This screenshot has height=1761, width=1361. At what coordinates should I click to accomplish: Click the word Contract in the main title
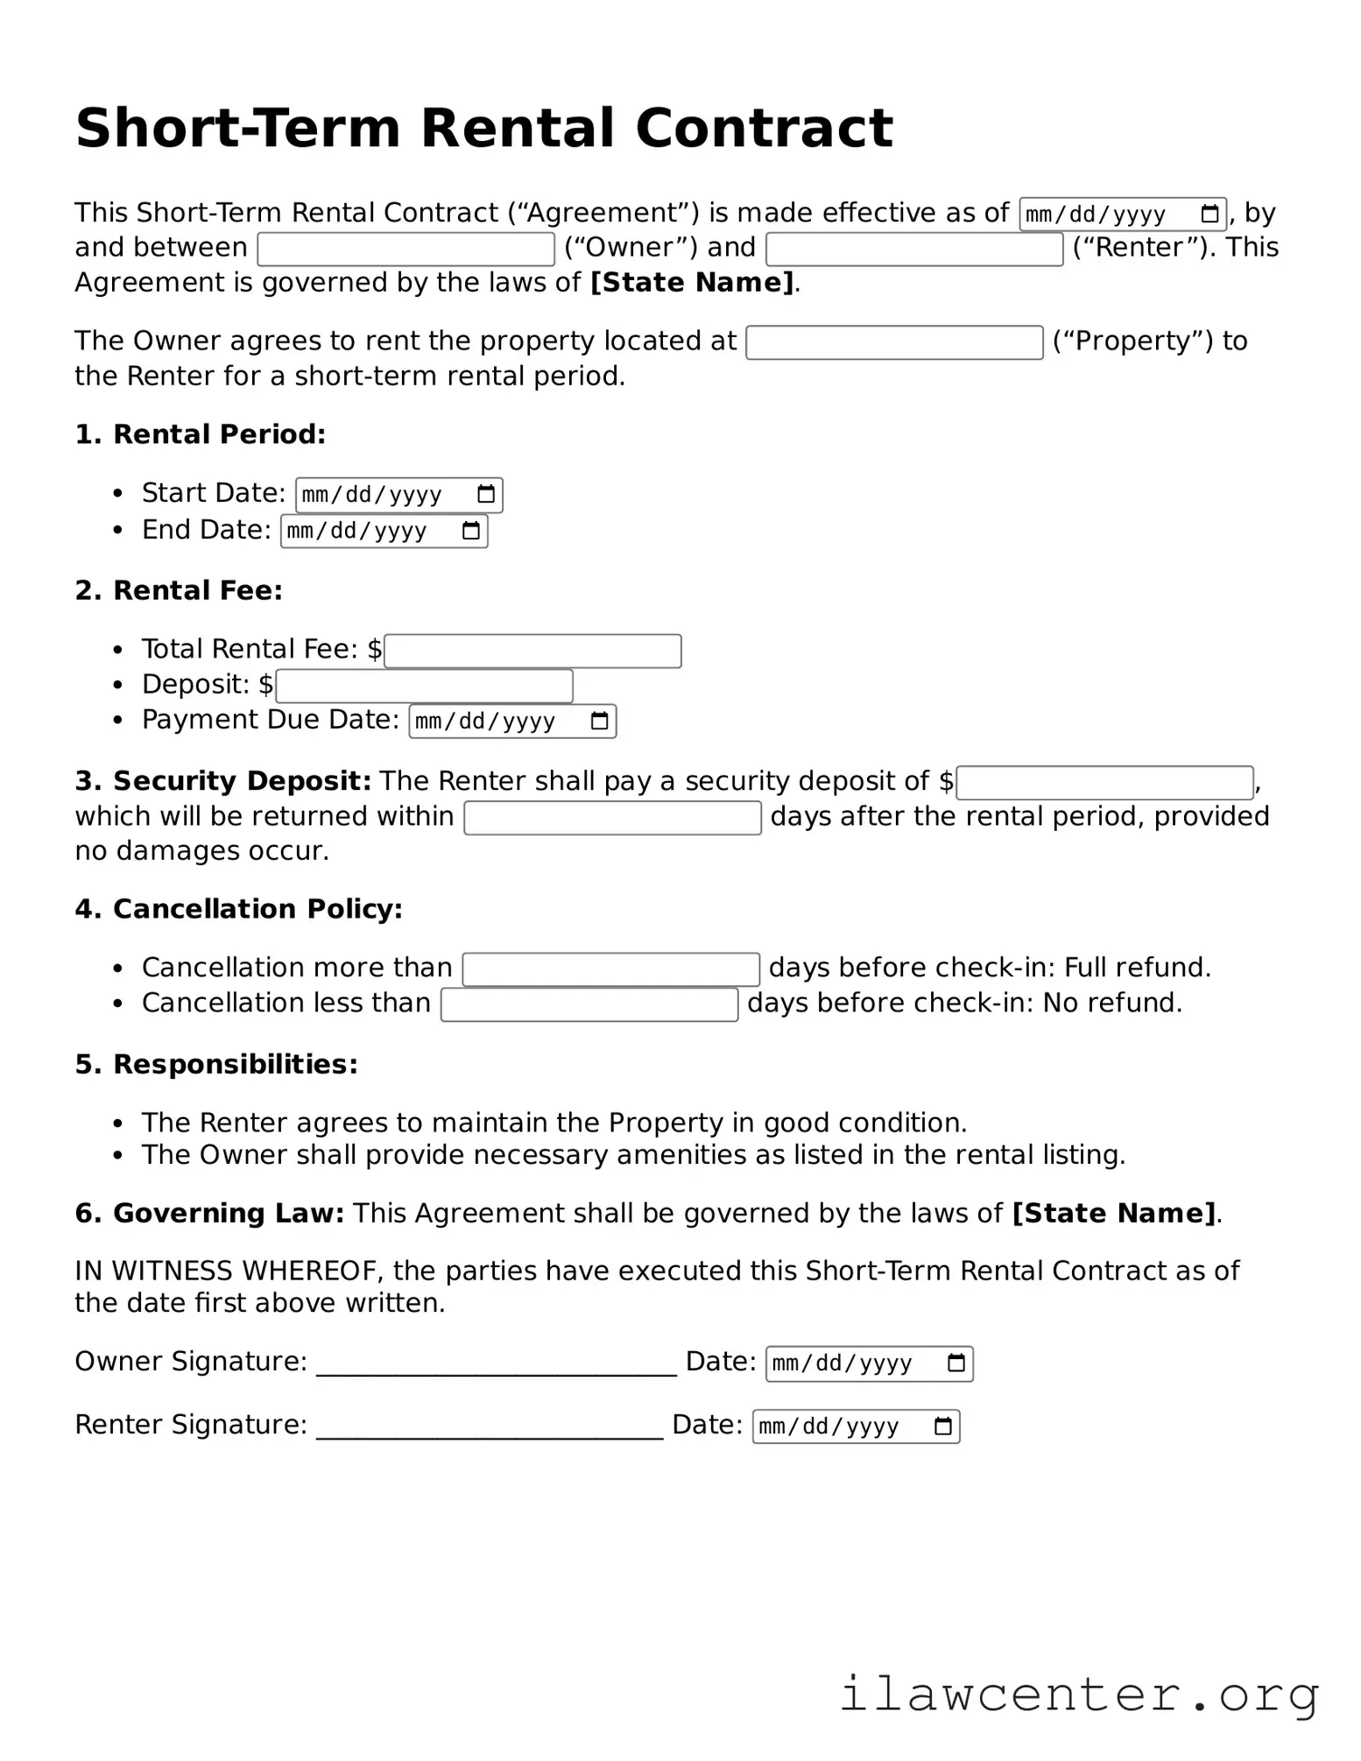click(x=763, y=129)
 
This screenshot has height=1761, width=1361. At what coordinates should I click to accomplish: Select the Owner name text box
click(x=405, y=250)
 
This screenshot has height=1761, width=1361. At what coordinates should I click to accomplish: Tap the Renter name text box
click(x=913, y=250)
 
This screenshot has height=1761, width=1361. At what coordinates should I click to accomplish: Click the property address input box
click(x=893, y=342)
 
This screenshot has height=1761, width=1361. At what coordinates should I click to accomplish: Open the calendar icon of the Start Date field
click(x=486, y=495)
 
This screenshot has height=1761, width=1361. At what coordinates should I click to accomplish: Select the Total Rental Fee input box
click(x=532, y=652)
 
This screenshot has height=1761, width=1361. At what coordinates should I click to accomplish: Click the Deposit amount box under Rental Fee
click(x=424, y=687)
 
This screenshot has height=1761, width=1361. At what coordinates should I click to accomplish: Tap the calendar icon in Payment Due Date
click(x=599, y=722)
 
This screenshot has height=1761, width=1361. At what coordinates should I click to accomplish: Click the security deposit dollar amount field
click(x=1104, y=783)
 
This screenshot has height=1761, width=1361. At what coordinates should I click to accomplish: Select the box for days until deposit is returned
click(x=611, y=818)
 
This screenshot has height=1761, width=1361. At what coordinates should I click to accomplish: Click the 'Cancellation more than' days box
click(x=610, y=969)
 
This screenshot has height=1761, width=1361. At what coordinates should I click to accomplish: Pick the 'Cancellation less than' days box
click(x=589, y=1004)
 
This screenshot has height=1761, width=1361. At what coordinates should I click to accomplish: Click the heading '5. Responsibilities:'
click(x=216, y=1065)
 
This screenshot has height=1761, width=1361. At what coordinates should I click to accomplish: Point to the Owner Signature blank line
click(x=496, y=1366)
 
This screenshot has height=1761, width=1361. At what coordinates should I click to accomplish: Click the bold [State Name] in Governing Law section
click(x=1114, y=1214)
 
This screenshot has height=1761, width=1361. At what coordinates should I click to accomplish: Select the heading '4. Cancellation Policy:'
click(x=238, y=910)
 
